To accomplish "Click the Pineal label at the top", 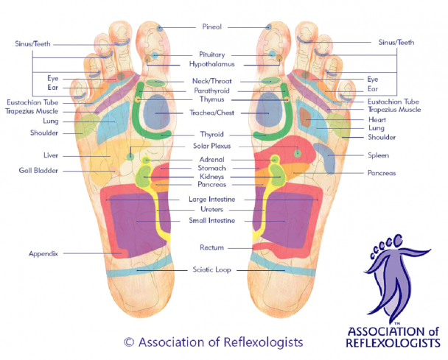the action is (x=211, y=27).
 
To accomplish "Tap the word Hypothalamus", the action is (x=211, y=64).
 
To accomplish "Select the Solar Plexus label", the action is (x=211, y=146).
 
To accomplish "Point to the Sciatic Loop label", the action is (x=211, y=269).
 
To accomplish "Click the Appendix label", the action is (x=43, y=254).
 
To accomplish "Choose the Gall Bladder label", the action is (x=38, y=171).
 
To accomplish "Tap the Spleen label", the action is (x=379, y=155).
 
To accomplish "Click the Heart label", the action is (x=377, y=119).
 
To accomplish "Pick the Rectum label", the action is (x=211, y=247).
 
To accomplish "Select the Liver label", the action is (x=51, y=155).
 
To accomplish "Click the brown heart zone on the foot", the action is (x=305, y=117).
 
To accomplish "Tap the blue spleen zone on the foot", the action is (x=326, y=158).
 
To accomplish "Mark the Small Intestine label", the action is (x=211, y=220).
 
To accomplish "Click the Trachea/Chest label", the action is (x=211, y=113).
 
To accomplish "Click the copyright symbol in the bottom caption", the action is (x=129, y=342).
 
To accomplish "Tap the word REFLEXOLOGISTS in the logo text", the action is (x=393, y=343).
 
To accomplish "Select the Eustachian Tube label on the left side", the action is (x=32, y=102).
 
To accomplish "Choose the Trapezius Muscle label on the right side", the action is (x=394, y=110).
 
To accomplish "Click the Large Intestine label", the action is (x=211, y=199).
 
